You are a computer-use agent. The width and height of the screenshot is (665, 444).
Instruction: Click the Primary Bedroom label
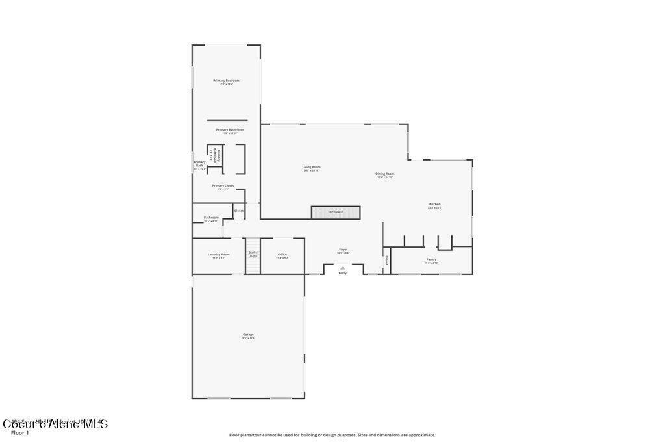[x=226, y=81]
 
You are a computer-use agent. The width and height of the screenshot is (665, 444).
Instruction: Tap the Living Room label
[x=312, y=167]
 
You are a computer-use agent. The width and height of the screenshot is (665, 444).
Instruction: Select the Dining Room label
[x=385, y=174]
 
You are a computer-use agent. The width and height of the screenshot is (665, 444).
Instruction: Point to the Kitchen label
[x=434, y=204]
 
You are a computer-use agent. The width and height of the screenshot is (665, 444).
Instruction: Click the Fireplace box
[x=336, y=212]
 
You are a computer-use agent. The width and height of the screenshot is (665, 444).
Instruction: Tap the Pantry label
[x=431, y=259]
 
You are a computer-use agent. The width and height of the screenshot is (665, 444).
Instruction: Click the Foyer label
[x=343, y=249]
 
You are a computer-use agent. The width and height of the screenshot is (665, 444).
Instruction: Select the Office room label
[x=282, y=254]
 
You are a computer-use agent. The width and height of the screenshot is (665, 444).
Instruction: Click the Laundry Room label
[x=218, y=254]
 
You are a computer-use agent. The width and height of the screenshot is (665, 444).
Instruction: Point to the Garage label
[x=248, y=335]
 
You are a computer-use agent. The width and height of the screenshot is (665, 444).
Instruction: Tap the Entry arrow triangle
[x=342, y=267]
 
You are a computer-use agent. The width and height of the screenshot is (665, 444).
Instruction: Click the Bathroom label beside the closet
[x=211, y=218]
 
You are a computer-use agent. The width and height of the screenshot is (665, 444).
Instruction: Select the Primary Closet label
[x=223, y=185]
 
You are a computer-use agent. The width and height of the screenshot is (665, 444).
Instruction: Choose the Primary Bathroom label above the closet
[x=230, y=129]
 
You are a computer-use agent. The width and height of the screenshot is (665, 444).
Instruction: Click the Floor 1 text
[x=20, y=432]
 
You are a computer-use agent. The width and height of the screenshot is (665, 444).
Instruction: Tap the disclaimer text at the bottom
[x=332, y=435]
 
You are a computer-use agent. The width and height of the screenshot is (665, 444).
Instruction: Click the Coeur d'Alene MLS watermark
[x=55, y=424]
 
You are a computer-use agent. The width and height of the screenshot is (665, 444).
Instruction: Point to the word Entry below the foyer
[x=342, y=273]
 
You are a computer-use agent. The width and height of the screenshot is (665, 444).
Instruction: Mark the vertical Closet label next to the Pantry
[x=386, y=259]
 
